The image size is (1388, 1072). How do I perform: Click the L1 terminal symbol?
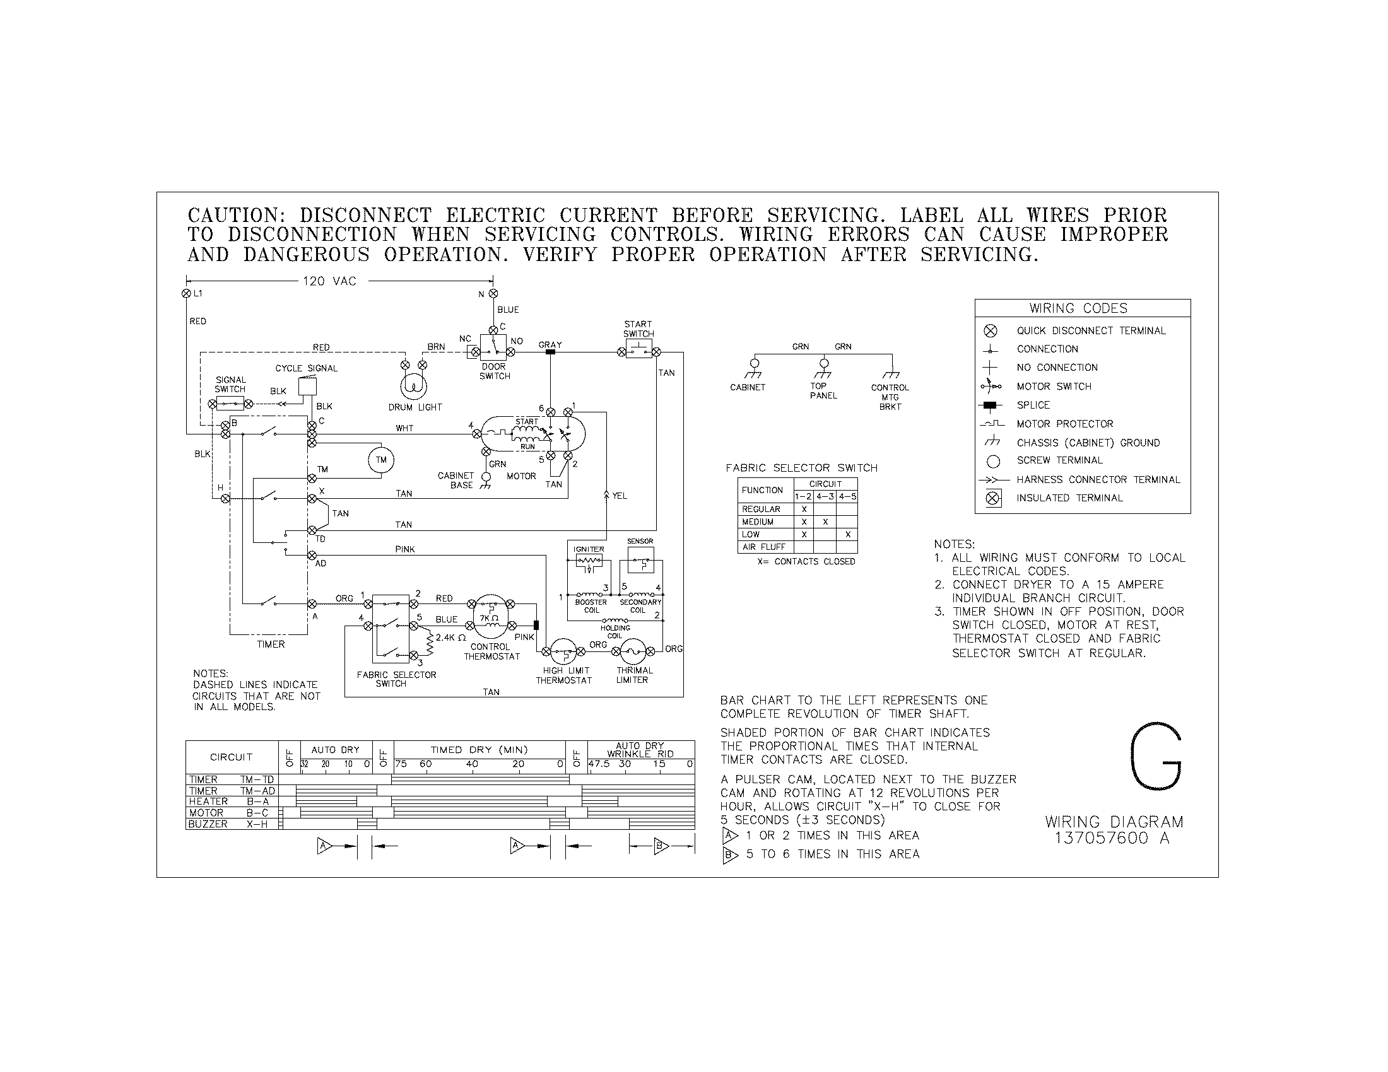tap(186, 293)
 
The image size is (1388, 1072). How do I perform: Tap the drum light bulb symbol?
tap(413, 386)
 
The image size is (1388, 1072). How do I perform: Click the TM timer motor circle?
tap(381, 460)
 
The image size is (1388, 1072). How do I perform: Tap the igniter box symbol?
tap(589, 561)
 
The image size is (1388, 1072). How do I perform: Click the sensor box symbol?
tap(640, 561)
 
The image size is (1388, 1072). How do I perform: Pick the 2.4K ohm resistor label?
tap(450, 637)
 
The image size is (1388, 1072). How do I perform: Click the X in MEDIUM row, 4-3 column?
tap(825, 522)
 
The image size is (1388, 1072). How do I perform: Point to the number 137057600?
tap(1102, 838)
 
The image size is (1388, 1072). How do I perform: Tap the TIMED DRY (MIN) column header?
tap(479, 749)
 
